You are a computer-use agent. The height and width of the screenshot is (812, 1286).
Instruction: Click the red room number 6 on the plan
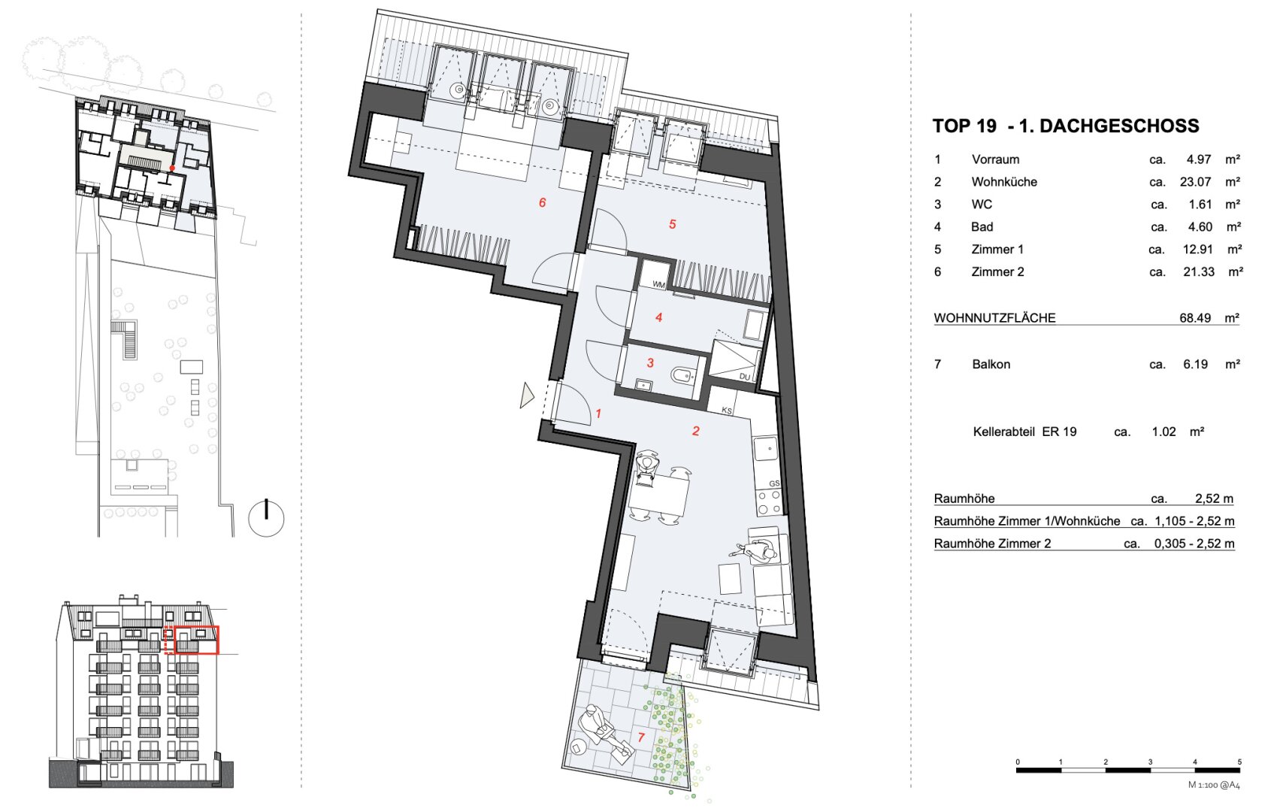(x=542, y=203)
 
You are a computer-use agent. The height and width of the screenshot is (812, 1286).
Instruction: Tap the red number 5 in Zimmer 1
(x=672, y=224)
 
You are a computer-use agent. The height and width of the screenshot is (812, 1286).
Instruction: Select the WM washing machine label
(x=658, y=285)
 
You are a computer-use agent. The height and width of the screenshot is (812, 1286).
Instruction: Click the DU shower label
(x=745, y=377)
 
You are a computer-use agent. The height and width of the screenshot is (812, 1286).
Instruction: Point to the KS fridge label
(x=727, y=411)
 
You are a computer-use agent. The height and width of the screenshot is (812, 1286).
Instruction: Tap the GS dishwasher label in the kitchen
(x=774, y=483)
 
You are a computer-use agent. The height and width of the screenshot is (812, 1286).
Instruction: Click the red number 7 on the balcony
(x=640, y=738)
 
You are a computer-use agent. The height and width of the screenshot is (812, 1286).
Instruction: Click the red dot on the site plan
(x=172, y=168)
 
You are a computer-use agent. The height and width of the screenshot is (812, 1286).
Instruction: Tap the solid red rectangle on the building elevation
(x=196, y=640)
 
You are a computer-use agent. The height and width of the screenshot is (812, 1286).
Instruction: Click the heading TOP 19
(x=964, y=126)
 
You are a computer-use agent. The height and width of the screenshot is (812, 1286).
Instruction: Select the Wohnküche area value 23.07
(x=1195, y=182)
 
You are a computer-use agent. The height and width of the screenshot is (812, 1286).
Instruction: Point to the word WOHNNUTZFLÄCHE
(x=994, y=318)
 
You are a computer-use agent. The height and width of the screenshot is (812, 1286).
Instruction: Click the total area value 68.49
(x=1195, y=318)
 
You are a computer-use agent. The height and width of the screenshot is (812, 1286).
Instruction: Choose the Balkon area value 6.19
(x=1195, y=364)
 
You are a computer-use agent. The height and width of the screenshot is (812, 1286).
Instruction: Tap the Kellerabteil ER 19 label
(x=1024, y=432)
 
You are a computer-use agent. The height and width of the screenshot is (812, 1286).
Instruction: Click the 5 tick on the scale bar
(x=1239, y=762)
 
